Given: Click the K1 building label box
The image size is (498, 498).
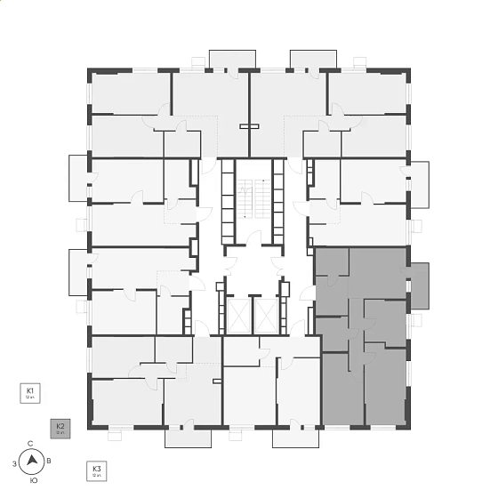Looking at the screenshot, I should click(31, 393).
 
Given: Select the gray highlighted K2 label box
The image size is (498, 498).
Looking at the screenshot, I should click(60, 429).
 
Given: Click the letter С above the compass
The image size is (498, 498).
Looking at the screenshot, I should click(31, 443).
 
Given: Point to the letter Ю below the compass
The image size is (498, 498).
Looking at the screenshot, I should click(33, 480).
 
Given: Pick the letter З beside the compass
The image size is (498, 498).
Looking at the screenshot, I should click(14, 463).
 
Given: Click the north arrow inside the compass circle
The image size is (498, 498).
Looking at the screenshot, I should click(33, 461).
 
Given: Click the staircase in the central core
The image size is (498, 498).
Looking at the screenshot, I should click(253, 200).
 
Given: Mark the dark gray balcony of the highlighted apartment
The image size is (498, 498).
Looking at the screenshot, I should click(420, 285).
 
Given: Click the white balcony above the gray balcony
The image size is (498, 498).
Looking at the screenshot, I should click(419, 184).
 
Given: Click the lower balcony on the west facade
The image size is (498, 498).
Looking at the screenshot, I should click(79, 271).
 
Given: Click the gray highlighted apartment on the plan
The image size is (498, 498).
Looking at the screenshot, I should click(360, 338).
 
